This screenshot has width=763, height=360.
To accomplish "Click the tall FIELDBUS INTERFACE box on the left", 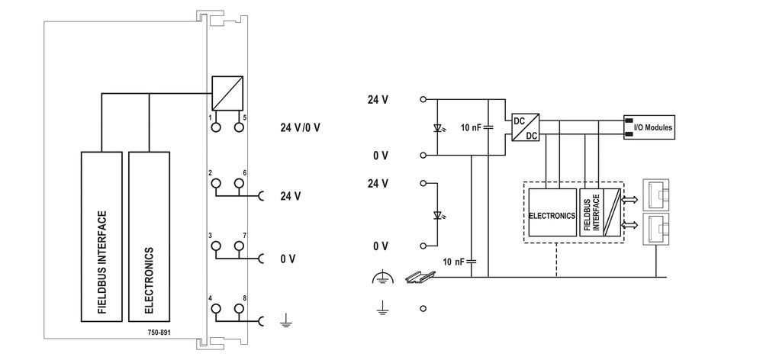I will (x=101, y=236).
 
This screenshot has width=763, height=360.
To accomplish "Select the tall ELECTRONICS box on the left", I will (x=149, y=236).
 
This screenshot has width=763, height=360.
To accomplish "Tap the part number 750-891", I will (x=159, y=332).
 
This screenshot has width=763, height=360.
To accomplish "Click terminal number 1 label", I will (x=210, y=118).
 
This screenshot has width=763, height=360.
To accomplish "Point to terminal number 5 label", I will (x=244, y=118).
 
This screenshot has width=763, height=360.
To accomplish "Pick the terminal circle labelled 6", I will (x=240, y=184).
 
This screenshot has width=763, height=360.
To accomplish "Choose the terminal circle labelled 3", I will (x=216, y=246).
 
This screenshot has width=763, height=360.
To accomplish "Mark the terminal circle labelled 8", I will (x=240, y=309).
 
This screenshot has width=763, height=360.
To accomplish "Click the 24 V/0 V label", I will (x=300, y=127).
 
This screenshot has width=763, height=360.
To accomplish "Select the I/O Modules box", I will (x=649, y=127).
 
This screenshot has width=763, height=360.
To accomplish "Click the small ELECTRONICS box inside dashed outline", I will (x=552, y=215).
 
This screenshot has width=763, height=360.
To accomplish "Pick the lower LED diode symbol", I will (x=436, y=214).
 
